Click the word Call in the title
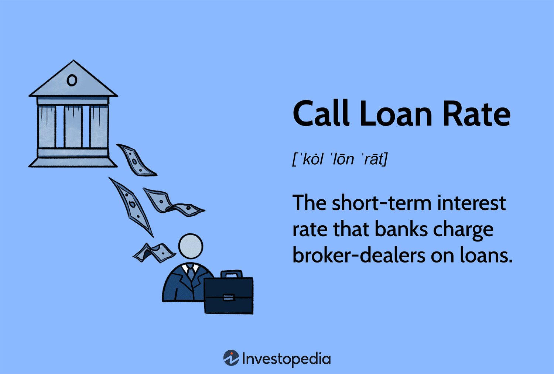(321, 113)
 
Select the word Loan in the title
(396, 113)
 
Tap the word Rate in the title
(476, 114)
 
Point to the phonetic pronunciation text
(340, 159)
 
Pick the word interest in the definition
(471, 203)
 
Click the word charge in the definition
(463, 230)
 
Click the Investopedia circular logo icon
(231, 358)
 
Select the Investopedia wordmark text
(286, 359)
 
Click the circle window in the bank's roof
(72, 80)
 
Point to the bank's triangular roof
(73, 82)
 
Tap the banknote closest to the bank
(136, 160)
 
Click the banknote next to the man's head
(154, 253)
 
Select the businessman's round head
(191, 246)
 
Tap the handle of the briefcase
(231, 274)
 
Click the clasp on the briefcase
(229, 297)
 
